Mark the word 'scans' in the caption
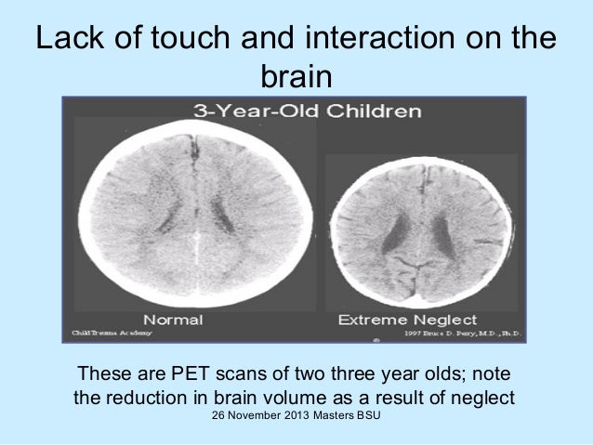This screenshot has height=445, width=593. coord(246,375)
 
